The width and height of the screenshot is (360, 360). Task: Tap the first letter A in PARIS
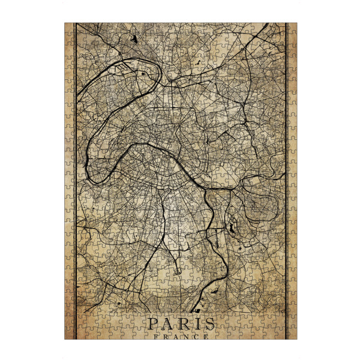coord(168,325)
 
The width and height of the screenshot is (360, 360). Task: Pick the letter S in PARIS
coord(208,325)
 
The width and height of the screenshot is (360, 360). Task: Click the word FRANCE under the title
coord(180,336)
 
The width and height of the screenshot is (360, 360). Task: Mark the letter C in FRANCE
coord(195,336)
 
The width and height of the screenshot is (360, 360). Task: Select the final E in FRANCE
coord(206,336)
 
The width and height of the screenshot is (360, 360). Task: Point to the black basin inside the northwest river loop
coord(144,73)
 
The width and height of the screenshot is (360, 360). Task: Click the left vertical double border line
coord(74,180)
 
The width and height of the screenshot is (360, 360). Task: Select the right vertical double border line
coord(287,180)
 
